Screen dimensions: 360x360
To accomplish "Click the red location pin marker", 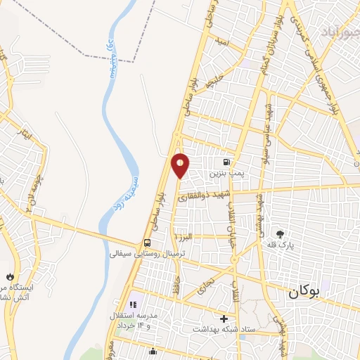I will coord(181,165).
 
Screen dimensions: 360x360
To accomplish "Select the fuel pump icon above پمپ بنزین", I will coord(226,160).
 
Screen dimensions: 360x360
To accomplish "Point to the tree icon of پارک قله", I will coord(281,234).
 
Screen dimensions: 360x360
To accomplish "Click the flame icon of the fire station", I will coord(10,276).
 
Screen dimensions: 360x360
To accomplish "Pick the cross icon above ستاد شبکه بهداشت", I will coord(224,318).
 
